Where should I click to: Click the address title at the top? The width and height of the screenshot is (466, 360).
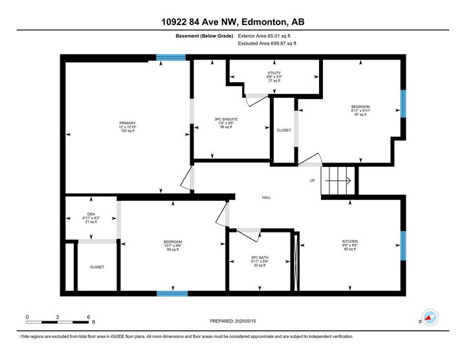point(232,22)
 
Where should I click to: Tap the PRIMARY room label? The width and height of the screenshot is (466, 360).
point(127,122)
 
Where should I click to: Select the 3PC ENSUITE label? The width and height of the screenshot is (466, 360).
point(227,118)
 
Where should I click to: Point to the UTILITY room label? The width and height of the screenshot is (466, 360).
point(274,73)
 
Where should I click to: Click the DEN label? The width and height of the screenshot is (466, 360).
point(91,214)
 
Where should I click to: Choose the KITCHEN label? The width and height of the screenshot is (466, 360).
point(350,242)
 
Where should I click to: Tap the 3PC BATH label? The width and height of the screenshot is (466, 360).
point(260,257)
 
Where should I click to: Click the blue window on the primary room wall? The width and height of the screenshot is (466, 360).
point(171,58)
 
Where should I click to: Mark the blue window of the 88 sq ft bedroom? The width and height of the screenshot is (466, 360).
point(172,293)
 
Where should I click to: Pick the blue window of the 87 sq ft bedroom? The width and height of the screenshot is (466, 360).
point(403,104)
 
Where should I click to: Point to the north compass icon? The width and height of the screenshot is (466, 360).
point(429,318)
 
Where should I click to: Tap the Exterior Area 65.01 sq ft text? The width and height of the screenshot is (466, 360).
point(265,36)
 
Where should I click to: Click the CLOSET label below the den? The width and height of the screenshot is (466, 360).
point(96,267)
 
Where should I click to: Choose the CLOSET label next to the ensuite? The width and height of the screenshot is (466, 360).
point(283,130)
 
